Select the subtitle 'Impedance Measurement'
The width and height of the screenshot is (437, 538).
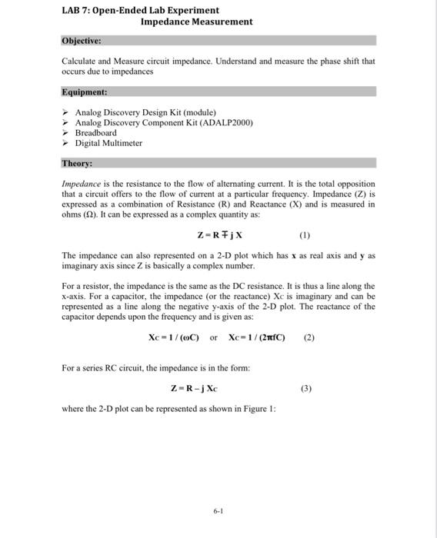(196, 22)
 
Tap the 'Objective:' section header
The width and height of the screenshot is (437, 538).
(82, 39)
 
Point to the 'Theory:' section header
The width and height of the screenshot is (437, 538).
(77, 163)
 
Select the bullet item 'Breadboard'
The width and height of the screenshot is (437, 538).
(95, 132)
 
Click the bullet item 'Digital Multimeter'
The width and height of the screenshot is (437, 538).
(108, 143)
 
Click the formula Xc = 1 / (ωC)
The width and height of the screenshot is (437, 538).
(174, 336)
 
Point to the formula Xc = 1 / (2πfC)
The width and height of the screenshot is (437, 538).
(257, 336)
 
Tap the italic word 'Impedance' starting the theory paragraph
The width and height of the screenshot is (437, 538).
(82, 184)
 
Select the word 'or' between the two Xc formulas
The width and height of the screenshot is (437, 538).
(213, 336)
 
